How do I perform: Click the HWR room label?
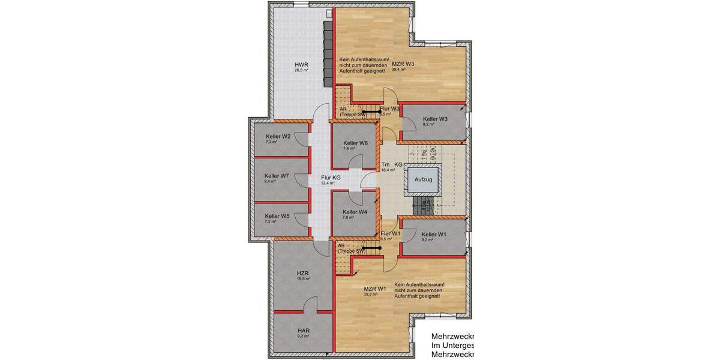click(x=301, y=64)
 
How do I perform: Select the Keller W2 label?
click(x=278, y=136)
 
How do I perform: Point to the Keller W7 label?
click(x=277, y=176)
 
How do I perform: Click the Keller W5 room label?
click(x=277, y=216)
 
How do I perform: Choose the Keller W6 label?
click(x=355, y=143)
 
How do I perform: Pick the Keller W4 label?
click(x=355, y=212)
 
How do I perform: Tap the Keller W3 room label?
click(x=435, y=119)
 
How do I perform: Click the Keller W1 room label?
click(x=434, y=234)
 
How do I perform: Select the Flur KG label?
click(x=331, y=178)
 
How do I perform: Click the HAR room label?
click(x=303, y=330)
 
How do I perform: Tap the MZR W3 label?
click(x=403, y=64)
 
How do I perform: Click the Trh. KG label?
click(x=391, y=164)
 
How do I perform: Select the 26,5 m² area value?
click(x=301, y=70)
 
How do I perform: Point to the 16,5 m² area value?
click(x=303, y=278)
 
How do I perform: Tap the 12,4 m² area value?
click(x=328, y=183)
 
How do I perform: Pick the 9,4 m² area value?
click(x=271, y=181)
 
